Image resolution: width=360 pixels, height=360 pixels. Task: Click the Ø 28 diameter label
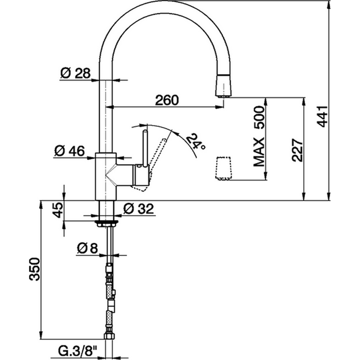[75, 74]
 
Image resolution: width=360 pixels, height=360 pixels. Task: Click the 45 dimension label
[58, 210]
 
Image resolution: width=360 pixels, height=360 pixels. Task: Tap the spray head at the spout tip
[223, 85]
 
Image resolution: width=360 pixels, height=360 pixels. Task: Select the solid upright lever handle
[145, 149]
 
